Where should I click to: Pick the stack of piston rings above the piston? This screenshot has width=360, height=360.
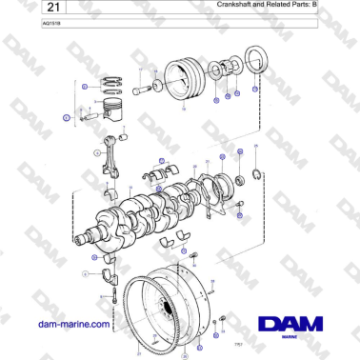tap(113, 85)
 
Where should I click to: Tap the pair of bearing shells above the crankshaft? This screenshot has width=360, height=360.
tap(154, 174)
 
